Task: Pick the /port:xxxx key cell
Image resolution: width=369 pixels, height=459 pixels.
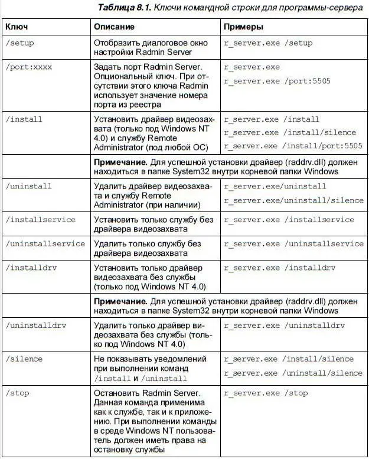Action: (29, 67)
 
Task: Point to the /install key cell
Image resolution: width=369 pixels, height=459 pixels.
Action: (24, 119)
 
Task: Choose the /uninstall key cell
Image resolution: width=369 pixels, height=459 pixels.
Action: (29, 186)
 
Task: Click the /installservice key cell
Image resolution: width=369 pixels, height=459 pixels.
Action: (41, 220)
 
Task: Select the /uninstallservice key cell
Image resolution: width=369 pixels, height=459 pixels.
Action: (45, 243)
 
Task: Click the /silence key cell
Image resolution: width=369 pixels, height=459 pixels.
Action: (24, 359)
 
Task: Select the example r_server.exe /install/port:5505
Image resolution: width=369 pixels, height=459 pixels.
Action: (293, 146)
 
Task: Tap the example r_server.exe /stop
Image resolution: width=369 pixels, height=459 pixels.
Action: (266, 393)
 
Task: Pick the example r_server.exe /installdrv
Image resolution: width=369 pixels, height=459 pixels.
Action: (280, 268)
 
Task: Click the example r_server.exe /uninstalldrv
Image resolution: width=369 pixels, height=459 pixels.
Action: (285, 325)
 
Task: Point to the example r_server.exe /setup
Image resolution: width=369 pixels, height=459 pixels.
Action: (269, 44)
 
